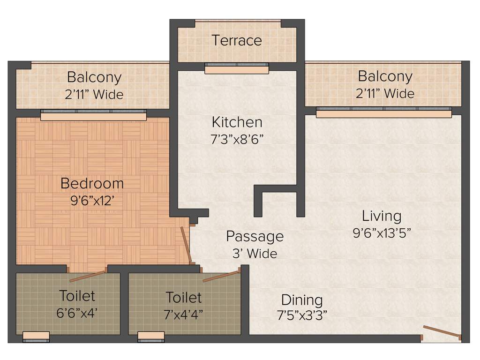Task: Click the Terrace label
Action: pos(237,40)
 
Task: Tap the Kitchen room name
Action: pos(237,122)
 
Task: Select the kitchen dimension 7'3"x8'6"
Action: pos(237,139)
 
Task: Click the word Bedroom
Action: pos(92,183)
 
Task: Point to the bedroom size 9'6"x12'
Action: pos(92,201)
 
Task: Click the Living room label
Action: pos(382,216)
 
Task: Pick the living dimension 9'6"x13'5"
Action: pos(382,233)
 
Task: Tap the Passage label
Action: pos(255,236)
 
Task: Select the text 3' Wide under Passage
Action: pos(255,254)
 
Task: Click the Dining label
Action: pos(302,300)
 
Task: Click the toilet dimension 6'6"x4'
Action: pos(77,313)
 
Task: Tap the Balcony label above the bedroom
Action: pos(94,77)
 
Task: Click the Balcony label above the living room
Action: pos(385,76)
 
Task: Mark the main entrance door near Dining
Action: pos(442,331)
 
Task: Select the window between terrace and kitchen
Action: pos(237,69)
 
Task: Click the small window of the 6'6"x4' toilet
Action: pos(36,336)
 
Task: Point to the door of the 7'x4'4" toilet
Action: pos(221,276)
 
